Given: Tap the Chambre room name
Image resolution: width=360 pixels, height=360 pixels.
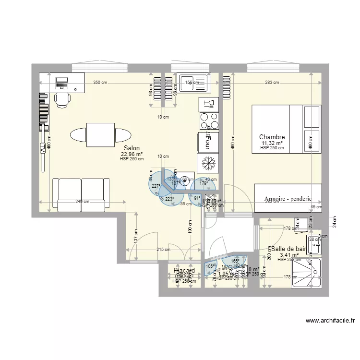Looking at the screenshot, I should pos(272,137).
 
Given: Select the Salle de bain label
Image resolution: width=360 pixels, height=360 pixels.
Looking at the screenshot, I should pos(289,249).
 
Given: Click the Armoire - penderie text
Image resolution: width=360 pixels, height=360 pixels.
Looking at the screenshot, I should pos(288,199).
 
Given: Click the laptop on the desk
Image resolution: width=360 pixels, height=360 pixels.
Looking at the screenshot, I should pos(62,83).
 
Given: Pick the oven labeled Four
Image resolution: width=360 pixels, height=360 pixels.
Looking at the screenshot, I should pos(208,143).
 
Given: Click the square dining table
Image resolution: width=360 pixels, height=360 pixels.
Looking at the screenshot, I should pos(100,135).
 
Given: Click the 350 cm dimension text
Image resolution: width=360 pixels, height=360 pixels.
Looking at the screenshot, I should pos(100,83).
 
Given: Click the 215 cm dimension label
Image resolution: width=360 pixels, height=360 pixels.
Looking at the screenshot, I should pos(163,249).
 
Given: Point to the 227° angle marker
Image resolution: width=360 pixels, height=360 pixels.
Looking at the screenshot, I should pos(156,186).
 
